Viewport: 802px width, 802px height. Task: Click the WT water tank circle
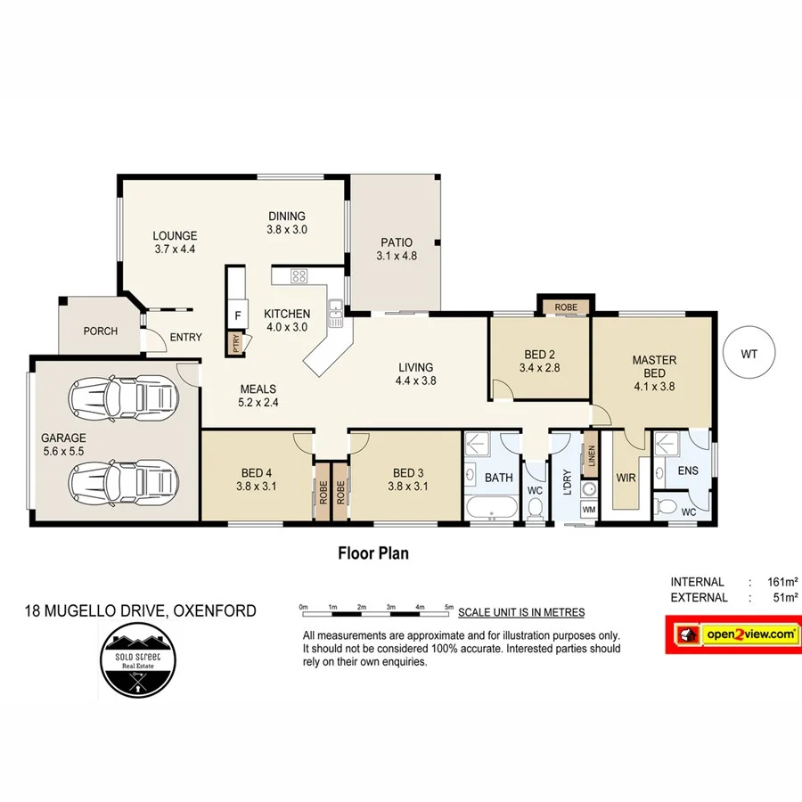pos(749,354)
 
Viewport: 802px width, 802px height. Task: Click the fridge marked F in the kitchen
pos(237,315)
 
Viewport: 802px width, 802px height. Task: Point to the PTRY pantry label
pos(236,343)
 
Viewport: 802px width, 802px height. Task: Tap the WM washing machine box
pos(588,509)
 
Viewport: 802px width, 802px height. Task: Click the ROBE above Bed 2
pos(565,307)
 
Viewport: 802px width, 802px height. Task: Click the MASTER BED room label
pos(654,367)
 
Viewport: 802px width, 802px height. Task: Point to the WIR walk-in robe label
pos(626,478)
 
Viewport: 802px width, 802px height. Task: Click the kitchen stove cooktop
pos(299,276)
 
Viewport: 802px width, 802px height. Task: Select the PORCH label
pos(100,331)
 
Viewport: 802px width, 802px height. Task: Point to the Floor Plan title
pos(372,553)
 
